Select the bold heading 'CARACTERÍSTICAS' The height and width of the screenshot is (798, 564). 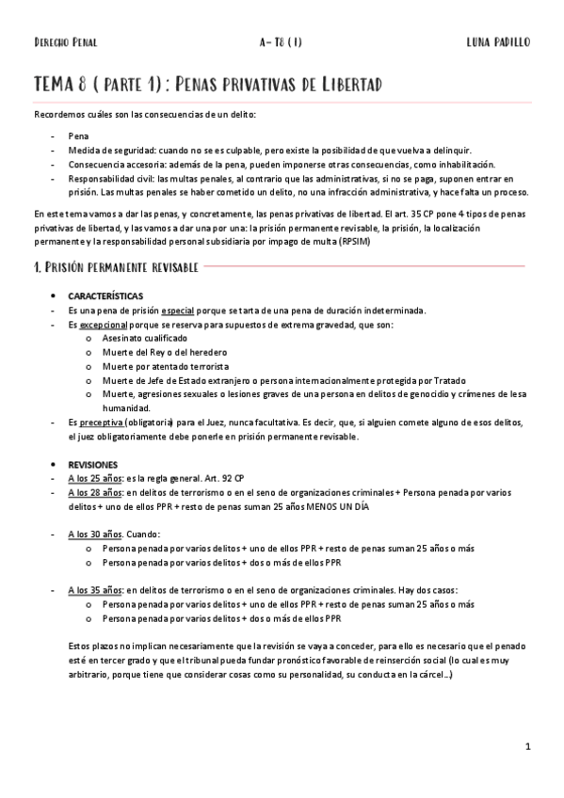pos(106,296)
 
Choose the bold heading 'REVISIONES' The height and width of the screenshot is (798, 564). pos(93,465)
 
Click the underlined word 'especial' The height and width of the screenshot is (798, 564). pos(179,311)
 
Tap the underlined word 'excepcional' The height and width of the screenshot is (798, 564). pos(102,325)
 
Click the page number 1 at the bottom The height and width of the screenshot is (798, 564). pos(528,747)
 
